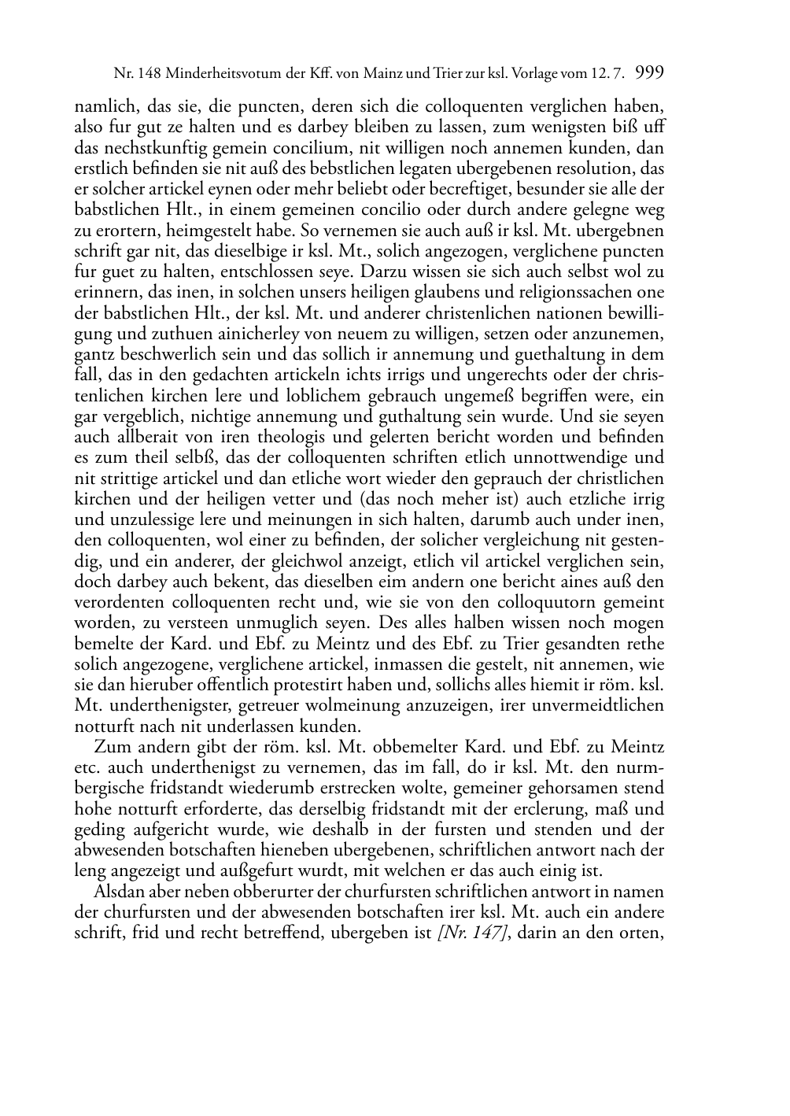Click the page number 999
pyautogui.click(x=649, y=73)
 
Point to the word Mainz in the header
pyautogui.click(x=386, y=74)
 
